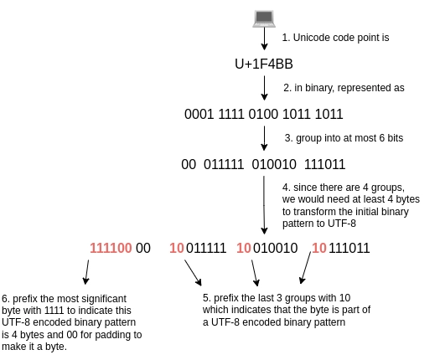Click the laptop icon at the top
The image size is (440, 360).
264,18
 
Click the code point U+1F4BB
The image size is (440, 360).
264,64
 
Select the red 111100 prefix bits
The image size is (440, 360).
111,248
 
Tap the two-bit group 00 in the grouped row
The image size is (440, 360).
189,164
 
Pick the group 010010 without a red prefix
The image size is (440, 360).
274,164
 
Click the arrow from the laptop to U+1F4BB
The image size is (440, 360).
264,39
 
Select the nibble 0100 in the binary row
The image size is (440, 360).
263,114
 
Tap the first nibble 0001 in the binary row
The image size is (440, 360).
199,114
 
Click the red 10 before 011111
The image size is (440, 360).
177,248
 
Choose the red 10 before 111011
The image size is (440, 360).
319,248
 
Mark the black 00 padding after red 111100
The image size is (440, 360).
143,248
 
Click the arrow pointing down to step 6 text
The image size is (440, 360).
86,272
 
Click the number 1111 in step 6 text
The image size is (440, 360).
54,311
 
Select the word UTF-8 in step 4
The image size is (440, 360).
342,224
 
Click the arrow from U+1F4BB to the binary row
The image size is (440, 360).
264,88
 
